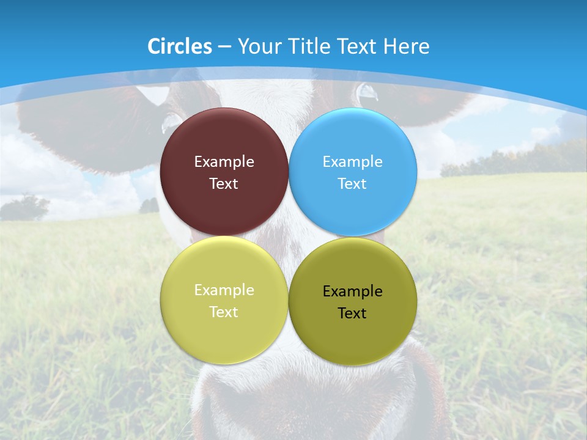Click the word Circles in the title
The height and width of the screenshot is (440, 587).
180,46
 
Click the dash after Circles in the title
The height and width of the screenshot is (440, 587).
224,47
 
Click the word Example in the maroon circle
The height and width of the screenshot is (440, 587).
224,162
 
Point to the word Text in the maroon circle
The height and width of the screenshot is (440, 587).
224,184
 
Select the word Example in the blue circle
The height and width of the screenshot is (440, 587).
353,162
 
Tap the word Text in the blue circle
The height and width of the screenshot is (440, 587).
353,184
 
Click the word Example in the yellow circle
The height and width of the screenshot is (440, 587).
224,290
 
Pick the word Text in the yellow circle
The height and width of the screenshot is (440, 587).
224,312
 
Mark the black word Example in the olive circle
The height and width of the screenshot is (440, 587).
353,291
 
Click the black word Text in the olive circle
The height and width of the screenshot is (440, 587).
353,313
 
